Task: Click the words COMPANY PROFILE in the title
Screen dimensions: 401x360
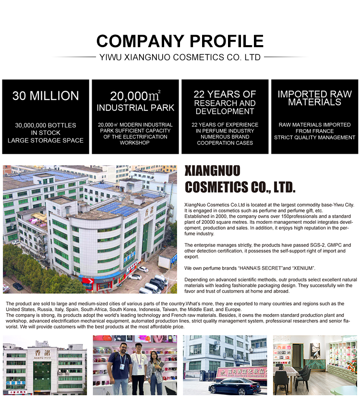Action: (180, 40)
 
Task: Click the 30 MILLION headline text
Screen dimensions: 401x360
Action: (46, 96)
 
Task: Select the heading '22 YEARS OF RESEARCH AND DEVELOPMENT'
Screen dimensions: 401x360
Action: (225, 102)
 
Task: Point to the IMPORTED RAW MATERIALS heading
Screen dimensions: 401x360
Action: (314, 98)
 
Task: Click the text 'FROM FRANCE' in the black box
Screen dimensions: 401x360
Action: (314, 131)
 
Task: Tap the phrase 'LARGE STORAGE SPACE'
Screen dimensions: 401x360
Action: (46, 140)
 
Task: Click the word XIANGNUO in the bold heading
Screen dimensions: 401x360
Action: (212, 171)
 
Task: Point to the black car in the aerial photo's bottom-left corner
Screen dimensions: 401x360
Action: (17, 286)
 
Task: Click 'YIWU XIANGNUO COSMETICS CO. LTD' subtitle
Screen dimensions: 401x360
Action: (180, 57)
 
